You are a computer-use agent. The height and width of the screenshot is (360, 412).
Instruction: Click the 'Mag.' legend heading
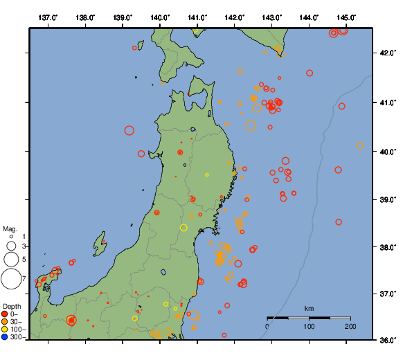pos(10,228)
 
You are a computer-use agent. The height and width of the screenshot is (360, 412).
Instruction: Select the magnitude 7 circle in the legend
pos(11,279)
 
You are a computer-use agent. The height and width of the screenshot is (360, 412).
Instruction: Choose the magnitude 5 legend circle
pos(11,260)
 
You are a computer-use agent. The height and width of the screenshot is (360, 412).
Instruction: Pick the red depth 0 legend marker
pos(5,314)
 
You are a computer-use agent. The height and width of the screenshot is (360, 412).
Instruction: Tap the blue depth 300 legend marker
pos(5,337)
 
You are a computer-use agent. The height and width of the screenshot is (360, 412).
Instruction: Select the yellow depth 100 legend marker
pos(5,330)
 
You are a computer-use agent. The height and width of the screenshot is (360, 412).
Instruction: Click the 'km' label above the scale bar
pos(309,308)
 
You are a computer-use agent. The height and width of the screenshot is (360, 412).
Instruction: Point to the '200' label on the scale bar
pos(350,326)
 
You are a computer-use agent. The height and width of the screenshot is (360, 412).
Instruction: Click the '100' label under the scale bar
pos(309,326)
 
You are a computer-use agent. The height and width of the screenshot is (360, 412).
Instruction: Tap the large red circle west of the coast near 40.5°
pos(129,130)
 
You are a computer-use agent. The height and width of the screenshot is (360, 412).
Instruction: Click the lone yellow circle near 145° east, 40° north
pos(360,145)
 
